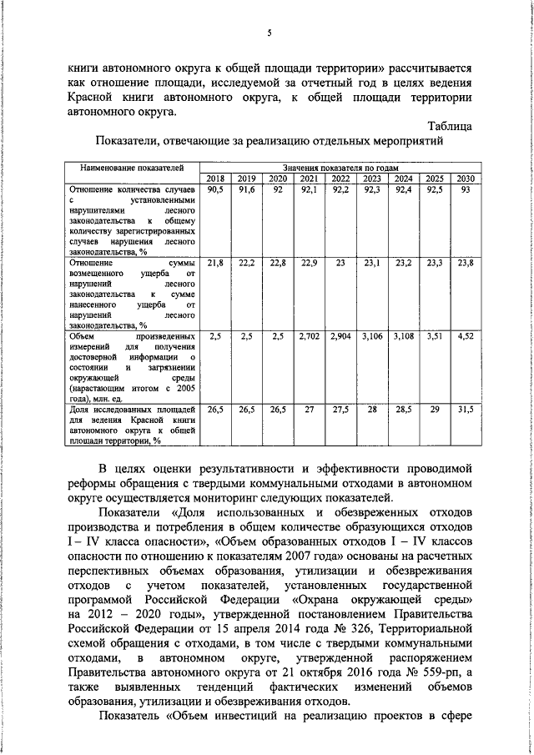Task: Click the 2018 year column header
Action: click(215, 179)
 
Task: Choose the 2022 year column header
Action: click(340, 179)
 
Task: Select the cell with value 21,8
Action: click(215, 263)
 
